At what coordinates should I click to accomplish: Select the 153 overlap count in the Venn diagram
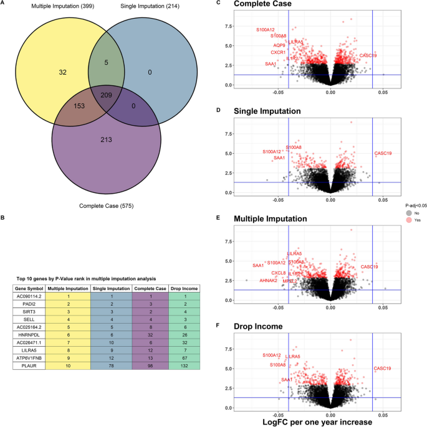tap(79, 106)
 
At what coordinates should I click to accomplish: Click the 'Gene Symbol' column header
tap(28, 289)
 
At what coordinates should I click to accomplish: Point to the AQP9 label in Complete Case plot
tap(279, 45)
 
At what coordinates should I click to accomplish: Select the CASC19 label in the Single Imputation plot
tap(383, 153)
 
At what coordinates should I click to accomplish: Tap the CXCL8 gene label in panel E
tap(278, 273)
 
